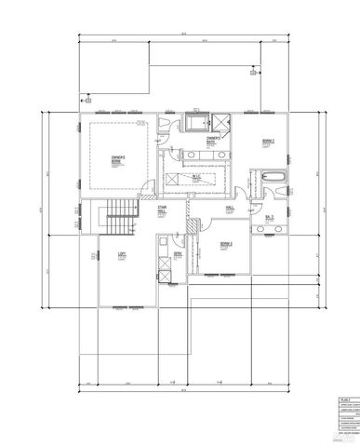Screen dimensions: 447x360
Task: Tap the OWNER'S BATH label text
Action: (x=213, y=140)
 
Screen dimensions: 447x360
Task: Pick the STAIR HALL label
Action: (x=162, y=210)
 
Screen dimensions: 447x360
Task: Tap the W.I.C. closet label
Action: (x=198, y=175)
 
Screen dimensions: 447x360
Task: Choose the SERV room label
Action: (x=176, y=253)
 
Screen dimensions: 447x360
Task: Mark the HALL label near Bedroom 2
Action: (x=230, y=208)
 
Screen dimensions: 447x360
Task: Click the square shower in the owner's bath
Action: (x=223, y=121)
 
